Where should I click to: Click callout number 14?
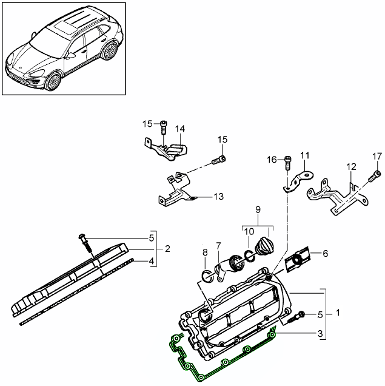pyautogui.click(x=180, y=129)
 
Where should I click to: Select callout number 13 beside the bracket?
pyautogui.click(x=218, y=196)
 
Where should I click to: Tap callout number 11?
pyautogui.click(x=304, y=155)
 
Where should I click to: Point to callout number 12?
pyautogui.click(x=351, y=166)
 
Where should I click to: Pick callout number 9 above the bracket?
pyautogui.click(x=257, y=209)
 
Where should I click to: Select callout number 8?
pyautogui.click(x=205, y=252)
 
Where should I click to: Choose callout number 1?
pyautogui.click(x=338, y=314)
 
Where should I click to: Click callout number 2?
pyautogui.click(x=167, y=248)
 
